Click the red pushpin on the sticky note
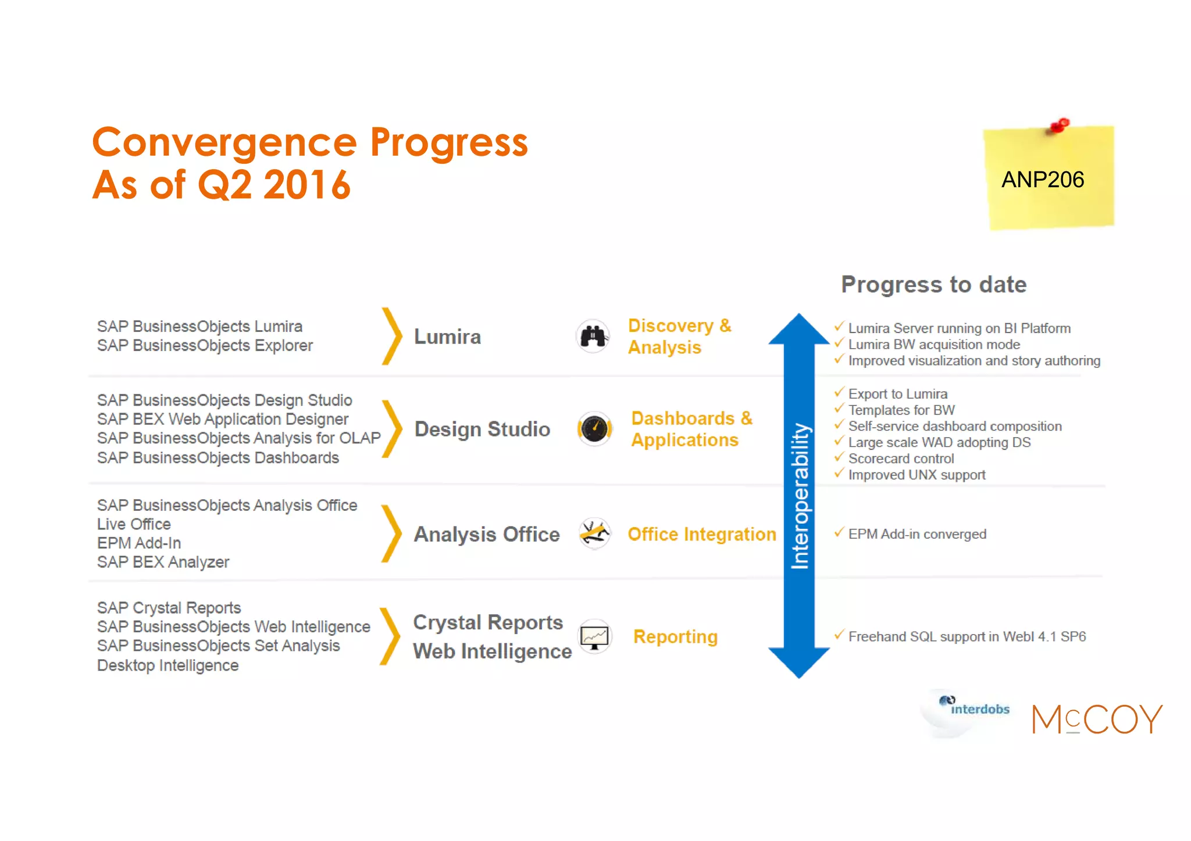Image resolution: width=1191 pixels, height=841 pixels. [1060, 126]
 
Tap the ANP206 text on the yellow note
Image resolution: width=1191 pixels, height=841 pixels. [1042, 180]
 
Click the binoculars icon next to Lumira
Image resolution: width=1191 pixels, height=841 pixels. [593, 336]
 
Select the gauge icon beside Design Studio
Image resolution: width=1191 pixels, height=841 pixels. [594, 429]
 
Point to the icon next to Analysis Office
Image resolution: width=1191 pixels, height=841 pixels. [594, 533]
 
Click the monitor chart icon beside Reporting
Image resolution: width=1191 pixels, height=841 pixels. [594, 637]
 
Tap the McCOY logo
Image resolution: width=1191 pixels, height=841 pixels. [1097, 720]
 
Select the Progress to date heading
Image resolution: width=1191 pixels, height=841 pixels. [933, 285]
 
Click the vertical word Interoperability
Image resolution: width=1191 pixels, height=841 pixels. [800, 496]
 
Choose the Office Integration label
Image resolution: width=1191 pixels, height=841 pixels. [701, 534]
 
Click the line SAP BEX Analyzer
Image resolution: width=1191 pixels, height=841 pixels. [163, 562]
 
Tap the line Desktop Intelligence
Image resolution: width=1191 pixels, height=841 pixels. [167, 665]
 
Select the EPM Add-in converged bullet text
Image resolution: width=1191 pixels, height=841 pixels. [917, 534]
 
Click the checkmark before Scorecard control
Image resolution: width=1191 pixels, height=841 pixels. [839, 457]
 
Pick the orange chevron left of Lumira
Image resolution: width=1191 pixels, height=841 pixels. [392, 336]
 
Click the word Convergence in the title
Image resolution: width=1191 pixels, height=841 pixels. [224, 142]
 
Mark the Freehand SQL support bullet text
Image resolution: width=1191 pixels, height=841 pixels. [967, 637]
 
